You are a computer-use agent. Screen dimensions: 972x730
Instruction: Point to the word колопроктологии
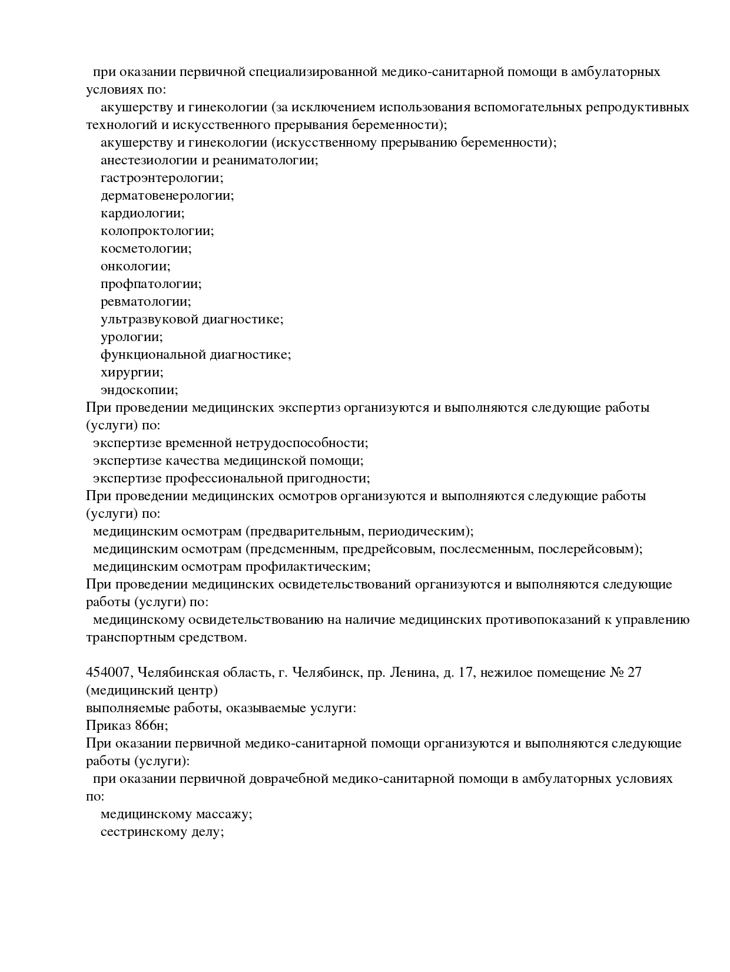click(157, 231)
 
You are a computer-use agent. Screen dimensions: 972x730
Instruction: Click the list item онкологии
click(135, 266)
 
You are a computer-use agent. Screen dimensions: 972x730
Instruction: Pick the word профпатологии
click(151, 284)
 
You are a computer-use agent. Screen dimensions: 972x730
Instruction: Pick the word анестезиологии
click(150, 160)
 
